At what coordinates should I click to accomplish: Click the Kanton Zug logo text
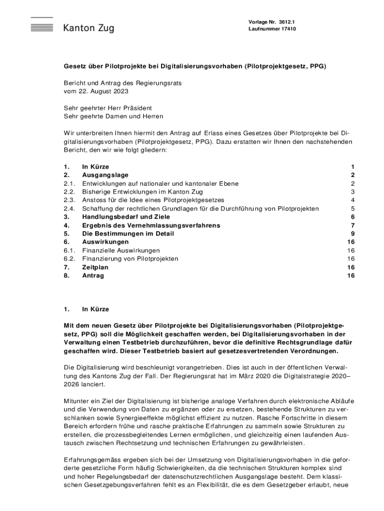[x=88, y=28]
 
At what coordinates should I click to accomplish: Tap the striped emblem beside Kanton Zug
[x=41, y=25]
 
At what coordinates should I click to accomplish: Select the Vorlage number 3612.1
[x=291, y=22]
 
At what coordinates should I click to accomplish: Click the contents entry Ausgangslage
[x=105, y=175]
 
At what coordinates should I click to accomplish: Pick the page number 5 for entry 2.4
[x=353, y=209]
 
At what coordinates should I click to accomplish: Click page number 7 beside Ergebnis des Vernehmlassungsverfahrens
[x=353, y=226]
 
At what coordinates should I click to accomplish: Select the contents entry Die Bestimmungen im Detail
[x=128, y=234]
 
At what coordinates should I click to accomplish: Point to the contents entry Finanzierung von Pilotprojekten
[x=130, y=259]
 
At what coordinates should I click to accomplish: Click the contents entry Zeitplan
[x=95, y=267]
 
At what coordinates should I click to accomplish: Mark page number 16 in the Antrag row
[x=351, y=275]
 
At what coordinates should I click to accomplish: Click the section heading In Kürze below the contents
[x=95, y=309]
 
